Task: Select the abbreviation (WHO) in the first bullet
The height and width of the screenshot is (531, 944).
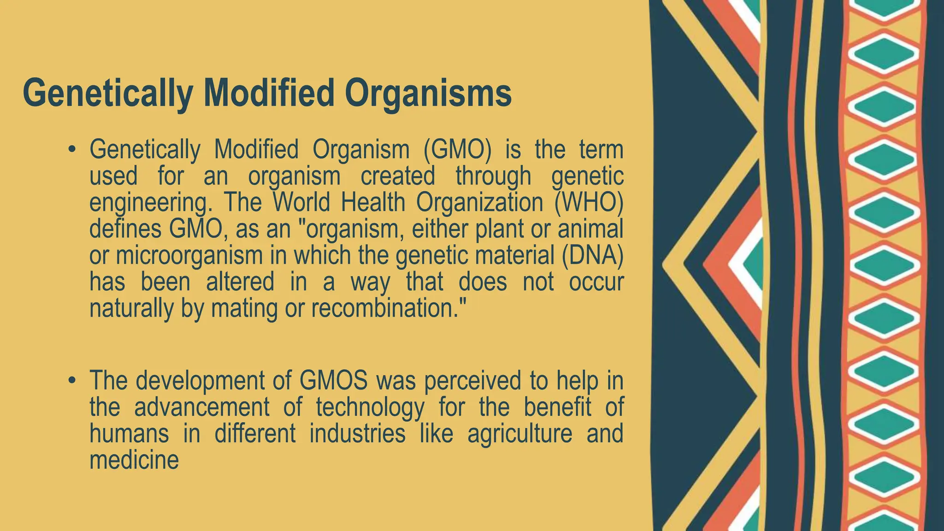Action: [x=589, y=202]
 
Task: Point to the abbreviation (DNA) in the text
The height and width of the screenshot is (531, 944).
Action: [x=592, y=255]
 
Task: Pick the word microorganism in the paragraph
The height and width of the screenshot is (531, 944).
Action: [x=189, y=255]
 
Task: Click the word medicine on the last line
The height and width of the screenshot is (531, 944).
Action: [x=134, y=460]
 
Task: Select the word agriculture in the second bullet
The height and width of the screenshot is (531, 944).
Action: [x=520, y=434]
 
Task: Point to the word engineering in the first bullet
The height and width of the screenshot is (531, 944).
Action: [x=147, y=203]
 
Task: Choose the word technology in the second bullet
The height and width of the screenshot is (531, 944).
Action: [x=370, y=407]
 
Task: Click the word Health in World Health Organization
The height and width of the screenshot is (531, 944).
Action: [x=372, y=202]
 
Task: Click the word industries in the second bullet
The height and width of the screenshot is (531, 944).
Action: [x=357, y=434]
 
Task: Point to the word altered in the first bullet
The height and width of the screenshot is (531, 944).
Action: [x=240, y=282]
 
